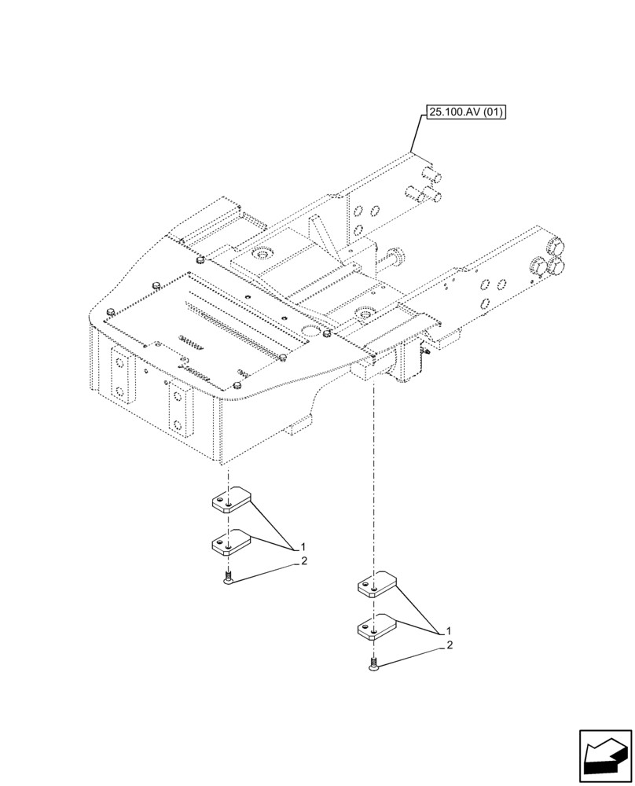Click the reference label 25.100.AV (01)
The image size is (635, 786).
pos(465,113)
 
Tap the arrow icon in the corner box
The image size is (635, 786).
pos(605,756)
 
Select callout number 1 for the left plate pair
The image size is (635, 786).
pos(302,546)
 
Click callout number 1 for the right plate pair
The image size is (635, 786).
pos(448,631)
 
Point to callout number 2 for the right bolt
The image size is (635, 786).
pos(450,646)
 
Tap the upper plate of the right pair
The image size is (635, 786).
pos(377,585)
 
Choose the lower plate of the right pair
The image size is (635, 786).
pos(377,627)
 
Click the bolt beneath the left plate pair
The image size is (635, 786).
pos(228,580)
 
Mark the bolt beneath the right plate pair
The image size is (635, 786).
pos(373,666)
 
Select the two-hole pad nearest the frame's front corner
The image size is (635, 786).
pos(180,408)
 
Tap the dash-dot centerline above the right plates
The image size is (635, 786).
pos(374,472)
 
